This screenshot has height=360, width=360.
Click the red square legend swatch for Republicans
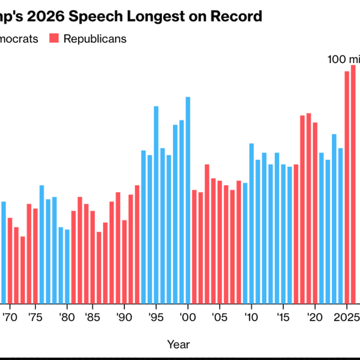54,39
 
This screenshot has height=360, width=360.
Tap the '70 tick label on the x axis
8,317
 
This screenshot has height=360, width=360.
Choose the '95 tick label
156,317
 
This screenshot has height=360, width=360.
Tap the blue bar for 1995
156,205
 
